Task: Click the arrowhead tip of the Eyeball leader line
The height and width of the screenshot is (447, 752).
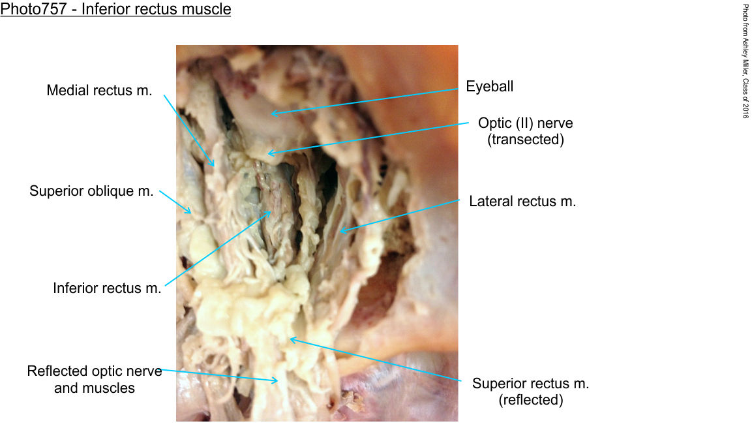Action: pyautogui.click(x=271, y=114)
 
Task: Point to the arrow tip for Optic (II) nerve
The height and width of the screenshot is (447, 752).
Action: pyautogui.click(x=267, y=153)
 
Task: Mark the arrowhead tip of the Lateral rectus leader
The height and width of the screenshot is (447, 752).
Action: pyautogui.click(x=340, y=232)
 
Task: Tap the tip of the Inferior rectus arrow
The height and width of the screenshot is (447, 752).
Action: pyautogui.click(x=271, y=211)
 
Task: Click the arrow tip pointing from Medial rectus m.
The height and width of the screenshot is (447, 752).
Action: pyautogui.click(x=214, y=166)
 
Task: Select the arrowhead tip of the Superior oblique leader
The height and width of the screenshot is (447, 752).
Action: pyautogui.click(x=191, y=213)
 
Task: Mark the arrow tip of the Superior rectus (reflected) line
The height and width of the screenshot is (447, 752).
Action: pyautogui.click(x=290, y=339)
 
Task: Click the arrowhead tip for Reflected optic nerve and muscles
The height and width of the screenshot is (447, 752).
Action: pyautogui.click(x=278, y=381)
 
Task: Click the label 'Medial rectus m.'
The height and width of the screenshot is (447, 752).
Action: pyautogui.click(x=99, y=90)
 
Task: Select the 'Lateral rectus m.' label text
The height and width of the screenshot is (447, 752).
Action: pyautogui.click(x=522, y=202)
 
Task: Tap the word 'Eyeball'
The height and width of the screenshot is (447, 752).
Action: pyautogui.click(x=490, y=86)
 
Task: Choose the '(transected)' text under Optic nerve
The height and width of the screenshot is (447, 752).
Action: pyautogui.click(x=526, y=140)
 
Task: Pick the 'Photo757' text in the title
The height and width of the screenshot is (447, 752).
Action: pyautogui.click(x=33, y=8)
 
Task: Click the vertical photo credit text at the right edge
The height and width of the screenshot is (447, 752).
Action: pyautogui.click(x=745, y=61)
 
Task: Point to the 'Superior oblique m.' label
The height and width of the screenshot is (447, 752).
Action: pyautogui.click(x=91, y=191)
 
